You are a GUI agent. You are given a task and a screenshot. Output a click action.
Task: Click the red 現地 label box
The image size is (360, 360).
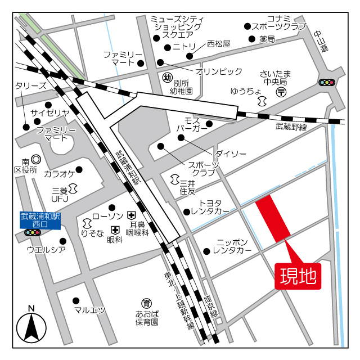(298, 276)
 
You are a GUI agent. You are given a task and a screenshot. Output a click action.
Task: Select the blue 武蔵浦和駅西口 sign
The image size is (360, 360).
(40, 219)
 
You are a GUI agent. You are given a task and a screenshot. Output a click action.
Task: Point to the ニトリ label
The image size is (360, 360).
(183, 46)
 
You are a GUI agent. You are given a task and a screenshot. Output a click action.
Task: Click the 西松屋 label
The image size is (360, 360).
(218, 43)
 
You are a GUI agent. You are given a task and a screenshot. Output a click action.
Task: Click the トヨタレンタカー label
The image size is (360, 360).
(210, 206)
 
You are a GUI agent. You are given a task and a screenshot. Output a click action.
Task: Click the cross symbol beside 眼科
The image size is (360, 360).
(114, 229)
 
